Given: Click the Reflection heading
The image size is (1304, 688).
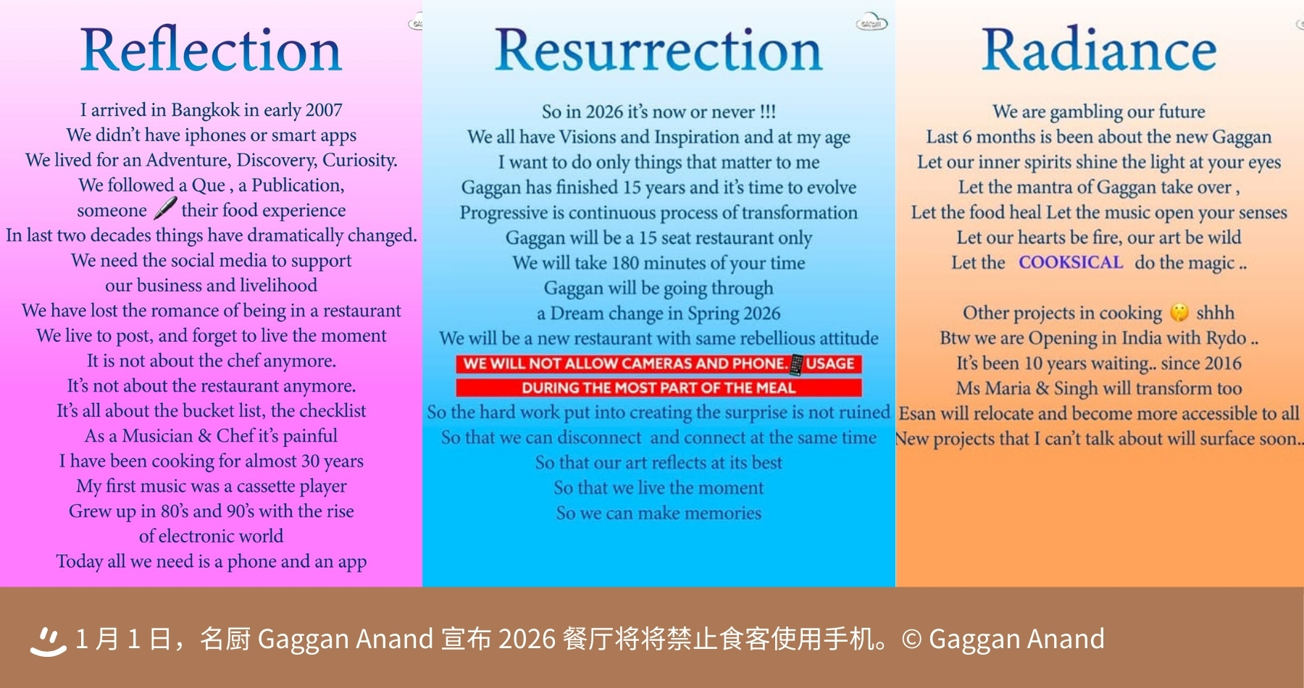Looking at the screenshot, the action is coord(211,49).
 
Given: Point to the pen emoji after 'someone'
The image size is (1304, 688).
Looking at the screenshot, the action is coord(165,209).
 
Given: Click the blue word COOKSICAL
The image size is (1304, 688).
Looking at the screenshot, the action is coord(1071,262).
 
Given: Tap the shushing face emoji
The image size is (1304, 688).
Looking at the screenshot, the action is coord(1179,312).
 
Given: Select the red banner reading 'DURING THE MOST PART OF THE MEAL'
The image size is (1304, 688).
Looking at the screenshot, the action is coord(659,387).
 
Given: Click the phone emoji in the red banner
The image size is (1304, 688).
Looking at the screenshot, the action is coord(796,364).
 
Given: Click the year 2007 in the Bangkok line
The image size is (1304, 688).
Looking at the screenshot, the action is coord(324,110).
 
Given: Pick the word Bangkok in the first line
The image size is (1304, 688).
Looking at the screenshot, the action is coord(205,110).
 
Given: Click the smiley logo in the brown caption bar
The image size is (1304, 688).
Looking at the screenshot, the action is coord(48,640).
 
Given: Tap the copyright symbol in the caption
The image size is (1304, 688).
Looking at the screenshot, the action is coord(911,639).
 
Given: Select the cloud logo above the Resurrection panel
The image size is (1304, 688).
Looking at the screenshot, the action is coord(872,22).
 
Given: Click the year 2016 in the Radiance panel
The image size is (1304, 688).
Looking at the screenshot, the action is coord(1222,364).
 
